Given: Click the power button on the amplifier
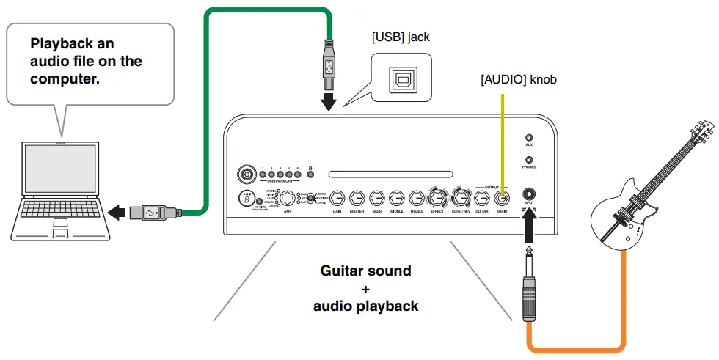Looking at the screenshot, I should [247, 175].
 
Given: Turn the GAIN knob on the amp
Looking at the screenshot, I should [337, 198].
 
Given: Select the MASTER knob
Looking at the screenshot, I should [357, 198].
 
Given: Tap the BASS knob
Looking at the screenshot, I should [377, 198].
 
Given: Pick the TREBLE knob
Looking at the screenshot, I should [417, 198].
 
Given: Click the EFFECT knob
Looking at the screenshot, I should [437, 198].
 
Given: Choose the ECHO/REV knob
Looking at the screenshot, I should [461, 198].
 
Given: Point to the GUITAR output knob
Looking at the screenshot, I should [482, 198].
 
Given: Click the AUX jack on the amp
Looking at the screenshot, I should [529, 136].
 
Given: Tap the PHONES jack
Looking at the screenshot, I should [529, 159].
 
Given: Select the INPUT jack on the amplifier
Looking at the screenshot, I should [529, 194].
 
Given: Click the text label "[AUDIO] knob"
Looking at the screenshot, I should [519, 79].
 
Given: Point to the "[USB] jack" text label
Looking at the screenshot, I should [400, 36].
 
